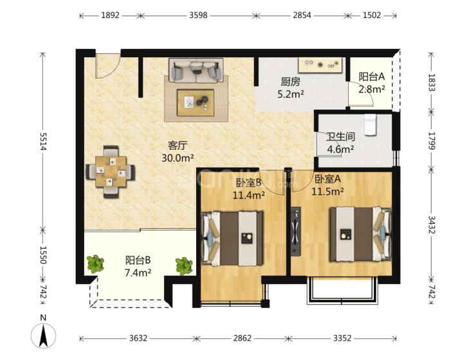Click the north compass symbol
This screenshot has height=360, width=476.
tap(43, 336)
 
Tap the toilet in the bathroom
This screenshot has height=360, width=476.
tap(370, 124)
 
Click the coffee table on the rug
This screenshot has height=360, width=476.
tap(196, 102)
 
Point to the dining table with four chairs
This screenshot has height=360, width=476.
tap(111, 172)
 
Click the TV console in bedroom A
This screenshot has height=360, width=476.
tap(296, 231)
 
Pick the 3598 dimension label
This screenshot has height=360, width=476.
tap(198, 15)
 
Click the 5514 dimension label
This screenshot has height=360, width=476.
tap(42, 141)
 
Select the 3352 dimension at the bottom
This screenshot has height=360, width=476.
tap(342, 338)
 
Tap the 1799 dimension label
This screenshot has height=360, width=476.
tap(432, 141)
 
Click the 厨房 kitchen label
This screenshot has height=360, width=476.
tap(291, 82)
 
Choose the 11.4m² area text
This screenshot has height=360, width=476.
tap(248, 195)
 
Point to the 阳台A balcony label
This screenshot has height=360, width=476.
tap(372, 76)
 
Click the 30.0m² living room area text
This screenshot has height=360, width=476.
tap(178, 158)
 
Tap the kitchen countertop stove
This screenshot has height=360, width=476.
tap(320, 65)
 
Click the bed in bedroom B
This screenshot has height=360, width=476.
tap(232, 239)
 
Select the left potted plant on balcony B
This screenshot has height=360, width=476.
tap(95, 264)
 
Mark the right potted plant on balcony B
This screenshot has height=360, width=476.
tap(184, 266)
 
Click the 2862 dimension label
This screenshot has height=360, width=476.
tap(243, 338)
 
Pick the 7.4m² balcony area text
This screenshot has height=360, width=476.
tap(138, 273)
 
